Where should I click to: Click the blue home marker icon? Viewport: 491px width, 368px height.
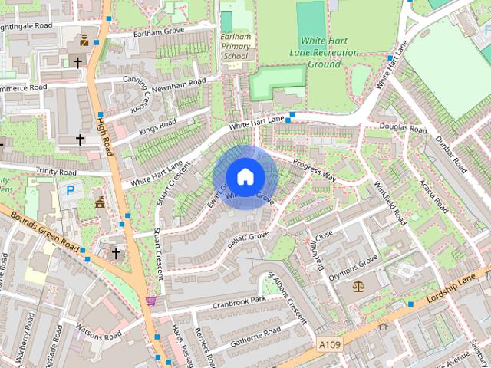click(245, 176)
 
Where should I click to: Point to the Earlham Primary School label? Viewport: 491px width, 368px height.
click(236, 46)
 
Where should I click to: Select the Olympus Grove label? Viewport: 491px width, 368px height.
click(353, 269)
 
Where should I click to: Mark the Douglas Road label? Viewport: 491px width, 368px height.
click(403, 128)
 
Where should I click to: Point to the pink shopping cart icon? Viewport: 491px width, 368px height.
click(151, 300)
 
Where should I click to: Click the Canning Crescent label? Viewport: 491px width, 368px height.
click(136, 97)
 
